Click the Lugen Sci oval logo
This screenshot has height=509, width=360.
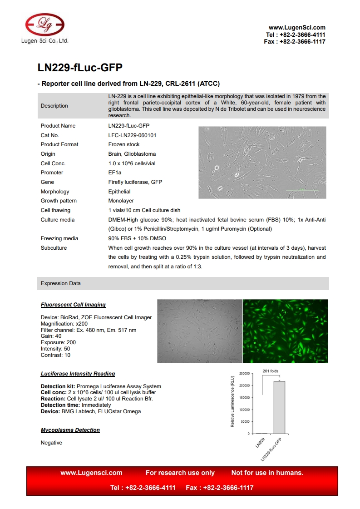point(44,24)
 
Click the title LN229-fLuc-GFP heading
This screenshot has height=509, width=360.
point(80,68)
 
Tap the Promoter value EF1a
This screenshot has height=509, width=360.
point(115,173)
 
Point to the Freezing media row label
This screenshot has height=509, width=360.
point(59,238)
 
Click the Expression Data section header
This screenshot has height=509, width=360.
point(61,283)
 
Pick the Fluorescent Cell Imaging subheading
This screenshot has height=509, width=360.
point(73,305)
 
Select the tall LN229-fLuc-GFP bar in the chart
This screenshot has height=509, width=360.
point(279,407)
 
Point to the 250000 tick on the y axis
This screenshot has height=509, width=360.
point(244,374)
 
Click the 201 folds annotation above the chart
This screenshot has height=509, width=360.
point(271,371)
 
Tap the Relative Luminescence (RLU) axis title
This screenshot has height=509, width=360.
point(232,402)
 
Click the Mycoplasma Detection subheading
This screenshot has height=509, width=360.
point(70,430)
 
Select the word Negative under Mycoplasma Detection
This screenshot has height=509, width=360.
point(51,443)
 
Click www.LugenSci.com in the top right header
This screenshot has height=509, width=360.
point(297,28)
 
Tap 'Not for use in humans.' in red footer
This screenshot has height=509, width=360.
point(267,473)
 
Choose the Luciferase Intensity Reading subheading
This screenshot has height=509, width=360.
point(78,374)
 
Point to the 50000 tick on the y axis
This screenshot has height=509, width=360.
point(245,422)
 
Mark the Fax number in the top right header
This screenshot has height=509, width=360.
point(295,41)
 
